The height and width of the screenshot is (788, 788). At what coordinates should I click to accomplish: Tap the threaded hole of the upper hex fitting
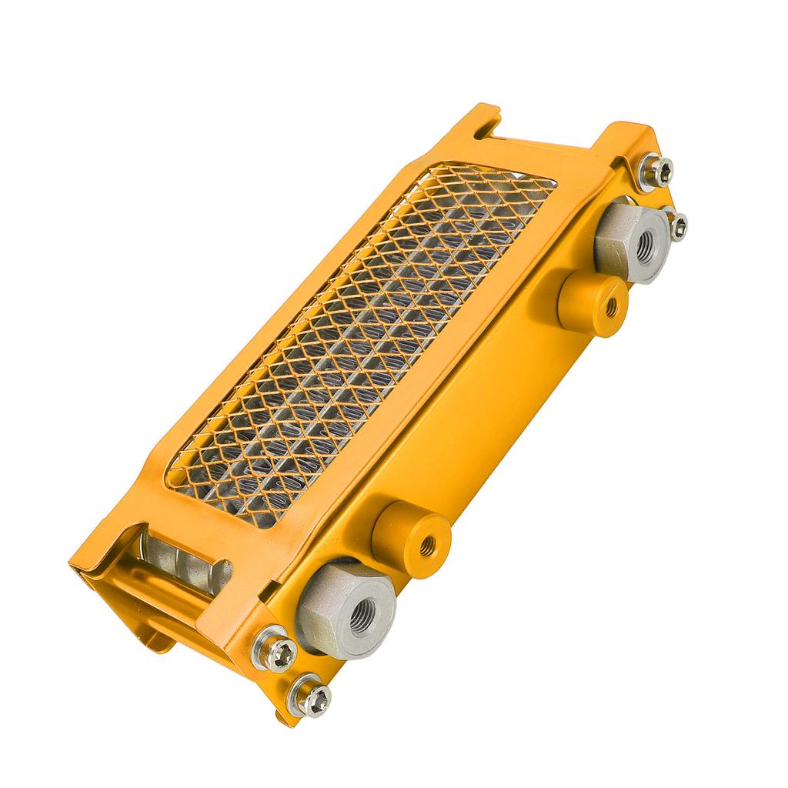coord(644,245)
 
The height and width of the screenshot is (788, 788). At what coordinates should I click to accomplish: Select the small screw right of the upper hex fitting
coord(678,225)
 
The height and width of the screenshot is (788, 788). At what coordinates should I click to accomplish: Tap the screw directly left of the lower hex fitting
coord(277,652)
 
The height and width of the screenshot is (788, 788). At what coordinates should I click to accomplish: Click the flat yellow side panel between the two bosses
coord(492,416)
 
